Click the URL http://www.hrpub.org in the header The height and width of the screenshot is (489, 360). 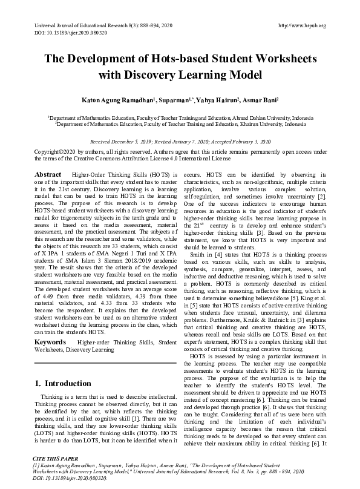302,26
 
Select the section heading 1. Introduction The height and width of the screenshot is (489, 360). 63,383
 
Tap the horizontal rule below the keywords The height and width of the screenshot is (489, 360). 105,363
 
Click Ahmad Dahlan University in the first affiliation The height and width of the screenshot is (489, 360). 241,117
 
